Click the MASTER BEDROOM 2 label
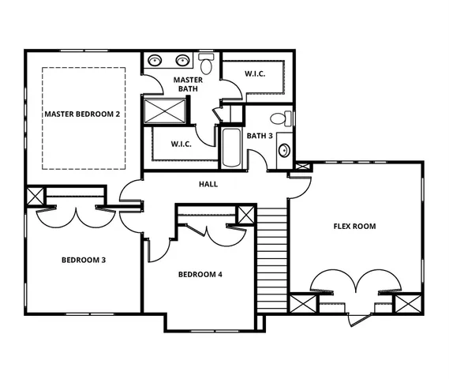(82, 114)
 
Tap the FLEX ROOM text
(354, 227)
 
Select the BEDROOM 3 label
(84, 260)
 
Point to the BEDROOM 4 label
(200, 275)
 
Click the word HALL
(208, 185)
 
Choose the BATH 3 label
(260, 136)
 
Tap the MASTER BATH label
(188, 84)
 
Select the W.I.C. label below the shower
(182, 144)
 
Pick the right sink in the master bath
(183, 59)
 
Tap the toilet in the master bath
(207, 62)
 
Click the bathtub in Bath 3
(231, 147)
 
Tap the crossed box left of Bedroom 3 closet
(36, 196)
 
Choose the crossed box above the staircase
(246, 213)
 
